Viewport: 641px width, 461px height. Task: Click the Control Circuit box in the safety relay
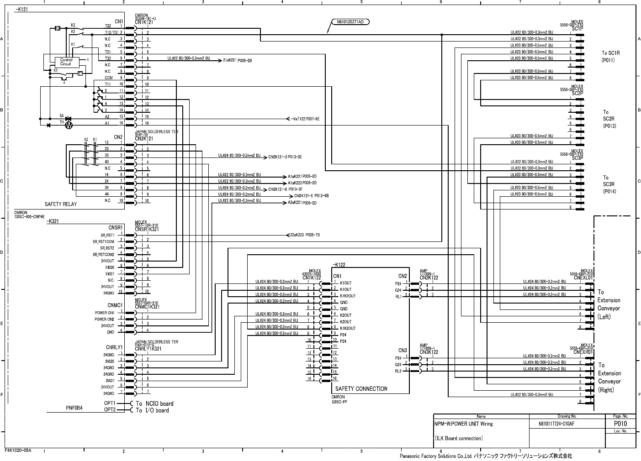coord(66,62)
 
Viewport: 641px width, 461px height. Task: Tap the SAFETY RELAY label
coord(60,204)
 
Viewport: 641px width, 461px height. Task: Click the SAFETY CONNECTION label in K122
coord(361,389)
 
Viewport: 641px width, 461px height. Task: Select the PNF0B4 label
coord(73,408)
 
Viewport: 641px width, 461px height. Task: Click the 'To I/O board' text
coord(152,410)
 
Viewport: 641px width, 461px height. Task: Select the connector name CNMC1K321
coord(147,307)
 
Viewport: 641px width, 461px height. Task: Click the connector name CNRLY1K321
coord(148,349)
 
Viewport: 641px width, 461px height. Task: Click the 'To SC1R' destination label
coord(610,53)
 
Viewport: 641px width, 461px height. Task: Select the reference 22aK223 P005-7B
coord(304,235)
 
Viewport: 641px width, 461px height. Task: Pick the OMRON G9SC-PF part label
coord(339,399)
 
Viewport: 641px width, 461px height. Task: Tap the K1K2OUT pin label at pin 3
coord(348,296)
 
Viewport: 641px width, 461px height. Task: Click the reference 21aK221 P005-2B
coord(238,60)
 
